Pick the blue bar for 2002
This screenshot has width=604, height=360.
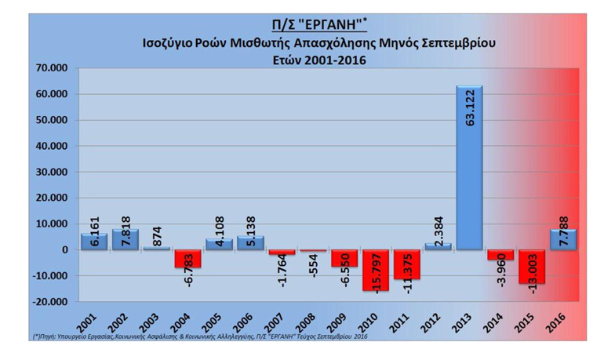(x=126, y=240)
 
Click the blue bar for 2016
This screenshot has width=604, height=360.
(x=563, y=240)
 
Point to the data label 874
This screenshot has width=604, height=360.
(x=156, y=233)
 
